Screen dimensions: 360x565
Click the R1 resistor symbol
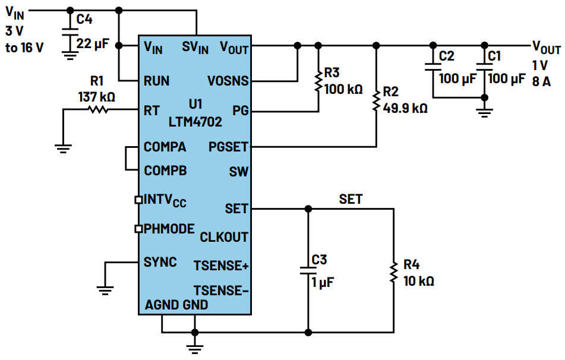97,109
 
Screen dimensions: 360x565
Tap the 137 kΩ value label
96,96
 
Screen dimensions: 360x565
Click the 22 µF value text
94,43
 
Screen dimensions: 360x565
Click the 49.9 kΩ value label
405,109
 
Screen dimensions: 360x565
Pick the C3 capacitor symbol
308,270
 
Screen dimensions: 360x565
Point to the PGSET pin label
228,147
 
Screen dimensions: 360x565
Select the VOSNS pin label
228,81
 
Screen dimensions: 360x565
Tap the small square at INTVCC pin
138,200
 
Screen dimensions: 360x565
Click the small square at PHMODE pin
138,228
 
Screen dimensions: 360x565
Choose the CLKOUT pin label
224,237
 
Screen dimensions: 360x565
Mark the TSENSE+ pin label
221,266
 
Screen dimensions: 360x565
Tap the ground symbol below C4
70,56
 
